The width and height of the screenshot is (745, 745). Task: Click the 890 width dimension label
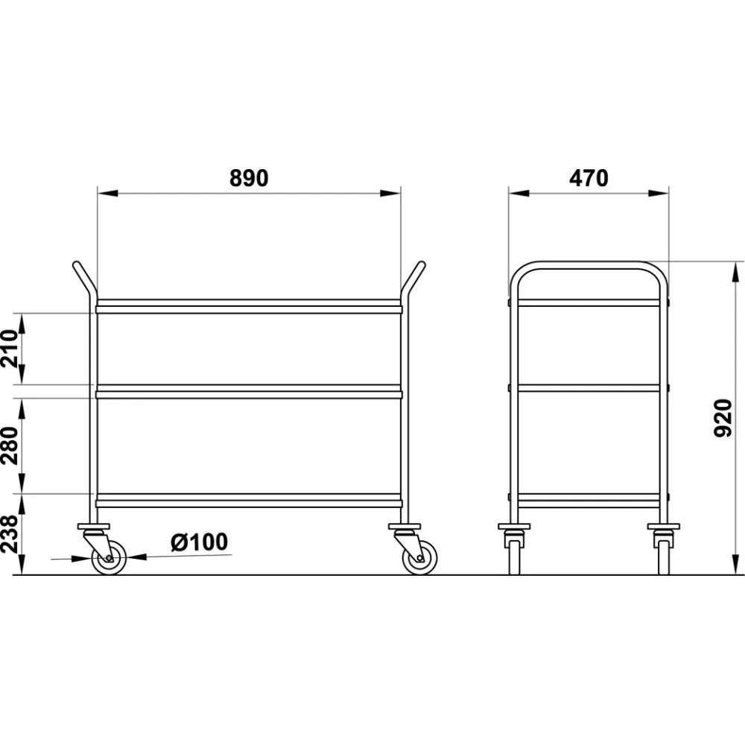coord(248,179)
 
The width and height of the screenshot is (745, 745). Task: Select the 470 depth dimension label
coord(589,179)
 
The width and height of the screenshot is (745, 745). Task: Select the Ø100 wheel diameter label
coord(199,542)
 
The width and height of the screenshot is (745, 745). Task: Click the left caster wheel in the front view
coord(109,557)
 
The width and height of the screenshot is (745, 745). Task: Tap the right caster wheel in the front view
coord(419,557)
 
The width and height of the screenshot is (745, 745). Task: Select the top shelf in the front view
coord(248,306)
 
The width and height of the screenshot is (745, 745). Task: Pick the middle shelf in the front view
coord(248,391)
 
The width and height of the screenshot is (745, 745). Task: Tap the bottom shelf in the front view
coord(248,500)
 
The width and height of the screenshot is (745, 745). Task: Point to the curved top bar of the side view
coord(589,265)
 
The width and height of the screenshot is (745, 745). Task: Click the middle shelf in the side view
coord(589,387)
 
